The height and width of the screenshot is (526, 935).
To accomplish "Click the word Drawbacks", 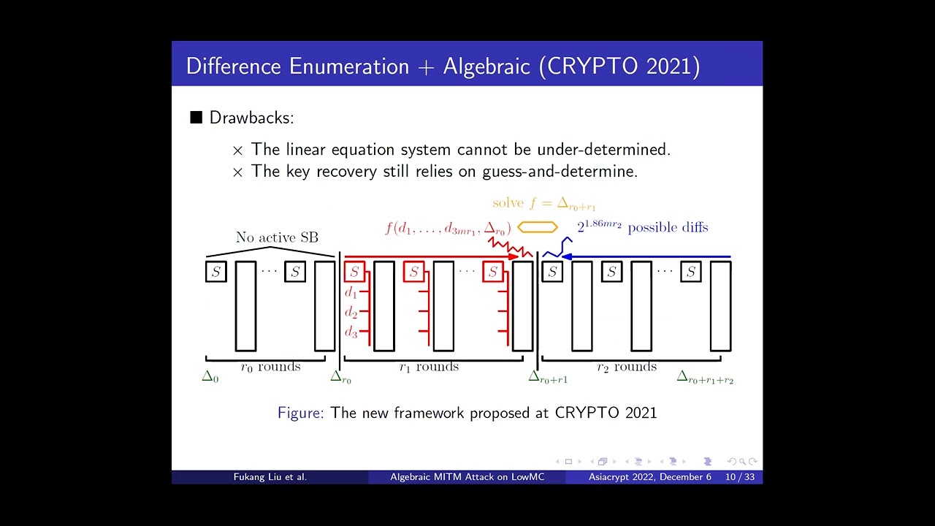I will [x=251, y=118].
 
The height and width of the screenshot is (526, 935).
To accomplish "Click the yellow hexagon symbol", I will [x=538, y=227].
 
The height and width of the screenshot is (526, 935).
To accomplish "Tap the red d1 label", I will [x=351, y=292].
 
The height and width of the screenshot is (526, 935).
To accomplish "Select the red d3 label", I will [x=351, y=332].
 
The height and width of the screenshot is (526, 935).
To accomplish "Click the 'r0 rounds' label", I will [x=270, y=367].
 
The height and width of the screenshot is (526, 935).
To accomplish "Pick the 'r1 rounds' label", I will [x=429, y=367].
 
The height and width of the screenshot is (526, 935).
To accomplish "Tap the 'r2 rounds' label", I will [x=627, y=367].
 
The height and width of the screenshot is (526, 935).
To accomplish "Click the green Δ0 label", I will [x=210, y=377].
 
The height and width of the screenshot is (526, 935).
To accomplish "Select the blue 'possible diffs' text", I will [x=668, y=228].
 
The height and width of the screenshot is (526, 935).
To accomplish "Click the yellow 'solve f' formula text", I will [x=543, y=204].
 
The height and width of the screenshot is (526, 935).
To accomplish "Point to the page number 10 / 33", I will [x=740, y=477].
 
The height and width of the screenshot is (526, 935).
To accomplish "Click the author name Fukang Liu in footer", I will [x=270, y=477].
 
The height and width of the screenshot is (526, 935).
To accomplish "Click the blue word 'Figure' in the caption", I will [x=299, y=413].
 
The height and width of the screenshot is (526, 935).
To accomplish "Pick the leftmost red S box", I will [x=354, y=272].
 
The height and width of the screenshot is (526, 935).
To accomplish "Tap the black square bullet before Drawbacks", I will [x=196, y=118].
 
